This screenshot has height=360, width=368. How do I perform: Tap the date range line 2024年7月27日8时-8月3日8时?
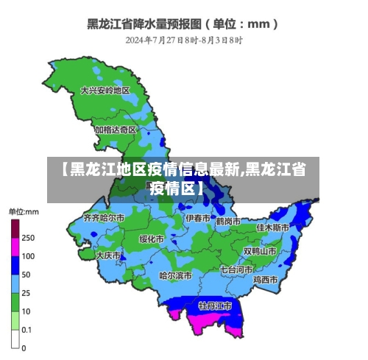tap(183, 40)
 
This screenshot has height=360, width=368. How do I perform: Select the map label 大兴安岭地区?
tap(105, 91)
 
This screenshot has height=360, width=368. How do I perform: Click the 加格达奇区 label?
tap(115, 129)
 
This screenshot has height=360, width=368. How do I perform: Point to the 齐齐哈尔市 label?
tap(104, 218)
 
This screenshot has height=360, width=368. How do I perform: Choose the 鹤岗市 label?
tap(229, 221)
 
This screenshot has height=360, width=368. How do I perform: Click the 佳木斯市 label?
tap(270, 227)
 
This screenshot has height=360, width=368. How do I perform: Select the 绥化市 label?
tap(152, 239)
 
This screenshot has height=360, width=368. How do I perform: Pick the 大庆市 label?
tap(108, 255)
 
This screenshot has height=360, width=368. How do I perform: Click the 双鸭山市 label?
tap(260, 250)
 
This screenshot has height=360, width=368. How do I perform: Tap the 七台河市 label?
tap(236, 269)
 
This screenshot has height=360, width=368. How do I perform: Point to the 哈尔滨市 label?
tap(176, 275)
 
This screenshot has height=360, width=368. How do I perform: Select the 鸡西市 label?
tap(265, 280)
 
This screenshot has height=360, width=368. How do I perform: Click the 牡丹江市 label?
tap(215, 305)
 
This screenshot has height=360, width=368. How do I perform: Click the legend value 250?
tap(27, 238)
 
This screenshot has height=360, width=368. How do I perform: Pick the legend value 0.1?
tap(26, 330)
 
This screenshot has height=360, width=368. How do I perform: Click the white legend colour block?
tap(15, 339)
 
